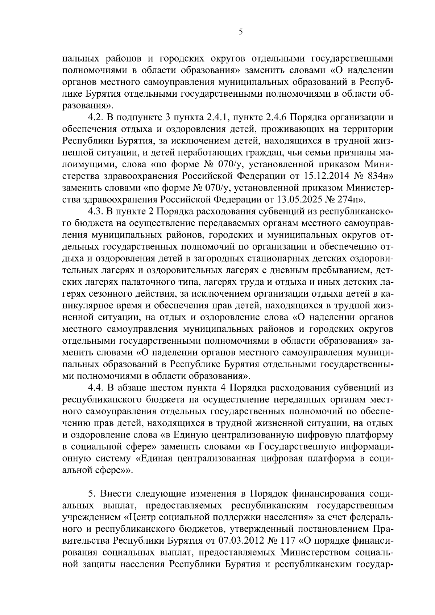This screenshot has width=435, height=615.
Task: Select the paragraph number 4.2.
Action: (96, 118)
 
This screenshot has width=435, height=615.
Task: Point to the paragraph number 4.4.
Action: (96, 388)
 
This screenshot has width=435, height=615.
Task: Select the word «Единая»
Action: (158, 459)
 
